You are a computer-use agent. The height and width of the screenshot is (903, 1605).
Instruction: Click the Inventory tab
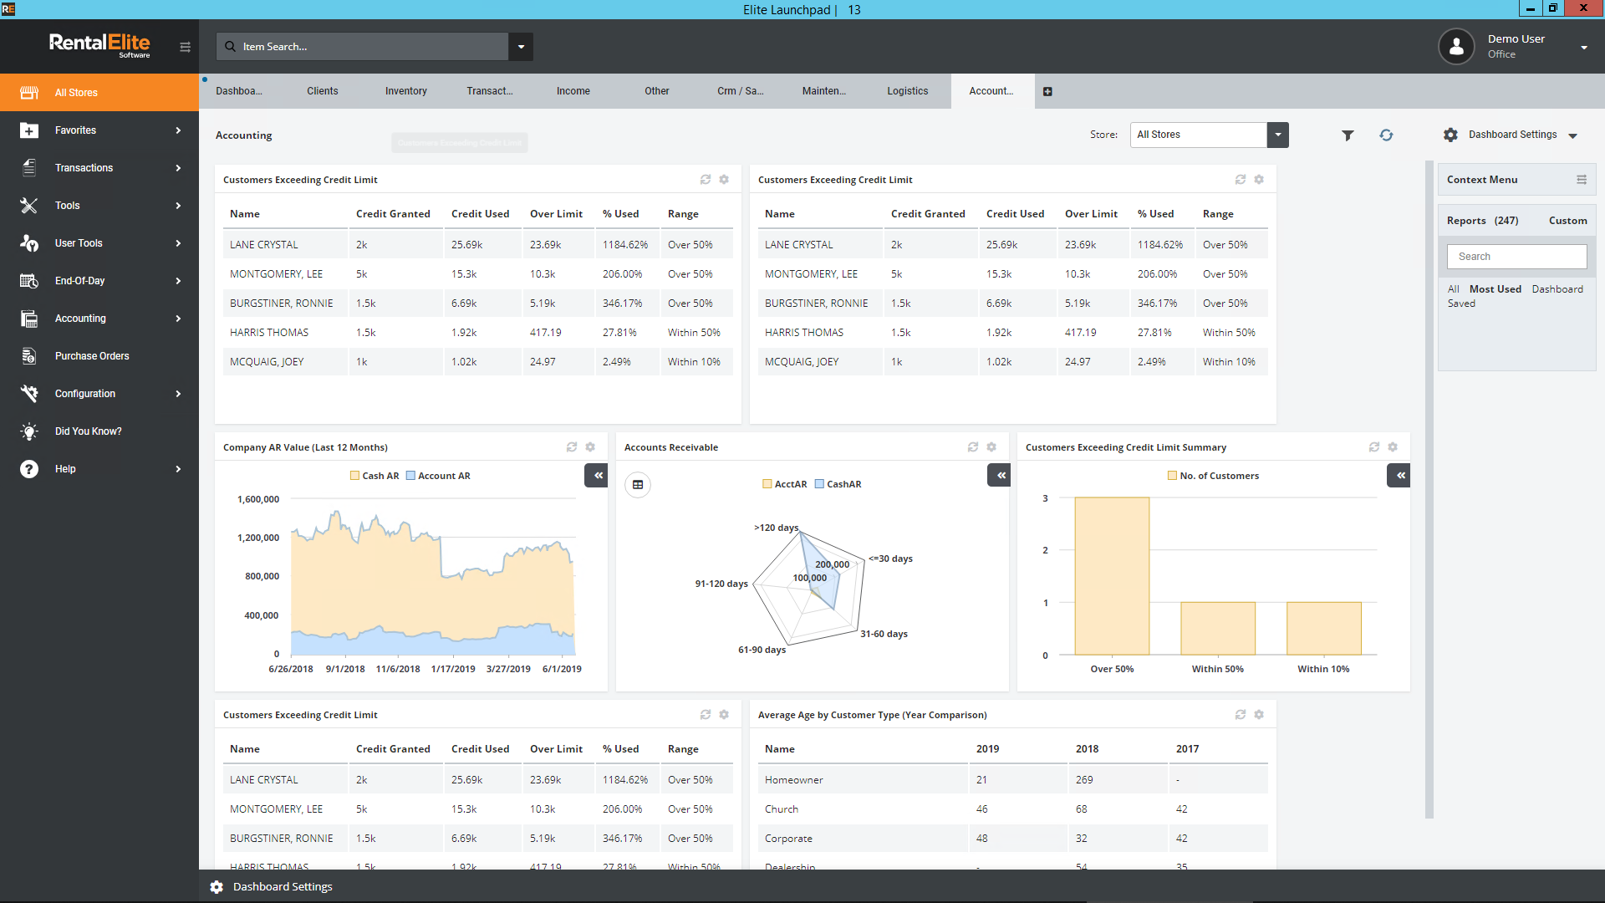click(405, 91)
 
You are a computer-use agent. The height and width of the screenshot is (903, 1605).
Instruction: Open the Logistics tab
click(907, 91)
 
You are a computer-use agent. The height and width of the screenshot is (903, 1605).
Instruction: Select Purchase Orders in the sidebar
click(92, 356)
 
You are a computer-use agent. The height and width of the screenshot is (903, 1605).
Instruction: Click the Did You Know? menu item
click(88, 431)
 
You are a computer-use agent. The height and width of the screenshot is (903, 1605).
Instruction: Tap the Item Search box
click(368, 47)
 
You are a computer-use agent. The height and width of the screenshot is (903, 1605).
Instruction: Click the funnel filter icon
click(1348, 135)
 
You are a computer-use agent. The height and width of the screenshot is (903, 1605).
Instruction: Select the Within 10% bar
click(1323, 628)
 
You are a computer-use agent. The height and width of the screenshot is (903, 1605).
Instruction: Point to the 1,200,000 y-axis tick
click(258, 538)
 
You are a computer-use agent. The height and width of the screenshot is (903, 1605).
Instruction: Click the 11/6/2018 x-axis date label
click(398, 669)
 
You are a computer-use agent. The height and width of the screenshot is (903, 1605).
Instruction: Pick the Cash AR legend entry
click(374, 476)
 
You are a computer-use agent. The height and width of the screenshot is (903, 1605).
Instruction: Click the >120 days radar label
click(776, 528)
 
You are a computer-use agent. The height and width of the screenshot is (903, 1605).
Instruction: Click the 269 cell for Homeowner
click(1084, 780)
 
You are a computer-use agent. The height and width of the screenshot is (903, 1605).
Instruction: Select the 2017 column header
click(1187, 749)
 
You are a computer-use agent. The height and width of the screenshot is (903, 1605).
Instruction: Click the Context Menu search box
click(1516, 257)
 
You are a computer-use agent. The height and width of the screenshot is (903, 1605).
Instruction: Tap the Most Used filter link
click(1495, 289)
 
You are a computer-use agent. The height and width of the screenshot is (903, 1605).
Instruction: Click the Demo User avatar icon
click(1456, 47)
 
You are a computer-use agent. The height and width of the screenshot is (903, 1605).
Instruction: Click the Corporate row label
click(788, 839)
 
